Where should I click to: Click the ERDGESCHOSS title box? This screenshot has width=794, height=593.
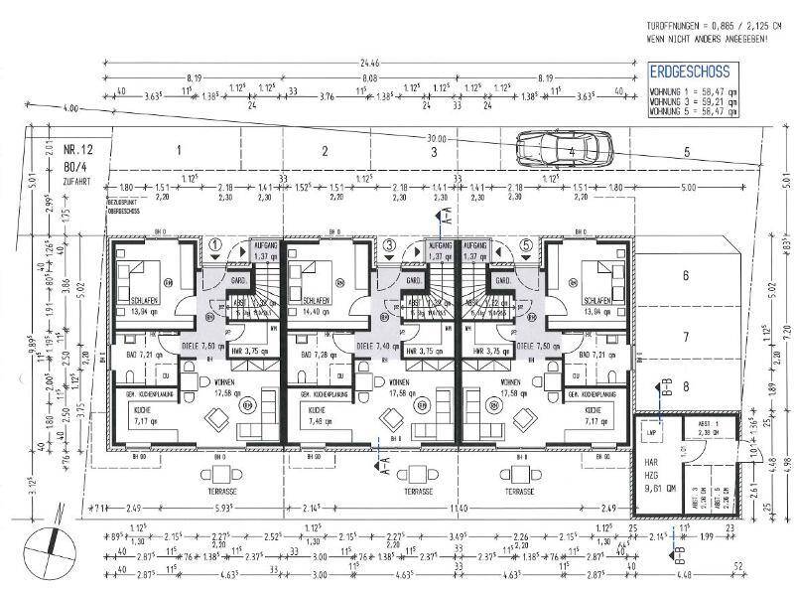(689, 73)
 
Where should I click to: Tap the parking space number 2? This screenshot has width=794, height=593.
(324, 152)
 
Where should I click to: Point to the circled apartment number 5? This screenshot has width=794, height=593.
(525, 244)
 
